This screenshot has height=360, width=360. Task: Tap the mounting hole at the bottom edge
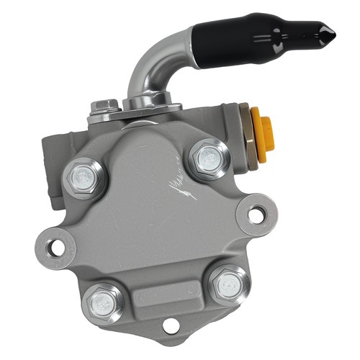[170, 328]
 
